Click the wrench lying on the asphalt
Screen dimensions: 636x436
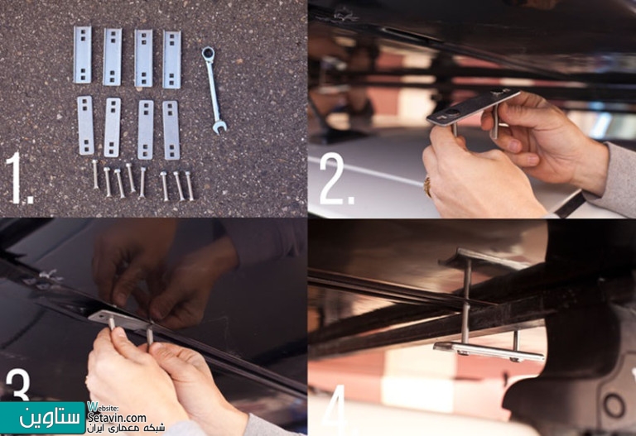[x=214, y=90]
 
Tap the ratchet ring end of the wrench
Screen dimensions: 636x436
[x=208, y=53]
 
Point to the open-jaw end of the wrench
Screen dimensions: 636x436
[x=219, y=127]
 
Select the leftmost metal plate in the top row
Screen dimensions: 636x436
[x=82, y=55]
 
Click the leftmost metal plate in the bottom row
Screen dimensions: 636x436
[x=85, y=125]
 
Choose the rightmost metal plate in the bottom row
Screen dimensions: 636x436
[x=171, y=130]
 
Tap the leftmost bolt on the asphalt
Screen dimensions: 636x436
[x=95, y=174]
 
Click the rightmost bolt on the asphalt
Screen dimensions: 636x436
[x=190, y=185]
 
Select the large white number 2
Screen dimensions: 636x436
[x=336, y=179]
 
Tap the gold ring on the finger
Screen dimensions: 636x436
[x=427, y=187]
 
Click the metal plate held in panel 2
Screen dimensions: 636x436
[x=473, y=108]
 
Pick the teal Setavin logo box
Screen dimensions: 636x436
[x=42, y=418]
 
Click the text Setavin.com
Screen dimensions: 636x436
[x=117, y=418]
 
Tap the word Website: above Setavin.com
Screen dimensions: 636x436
[x=103, y=407]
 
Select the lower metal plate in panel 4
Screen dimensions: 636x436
[x=489, y=352]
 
